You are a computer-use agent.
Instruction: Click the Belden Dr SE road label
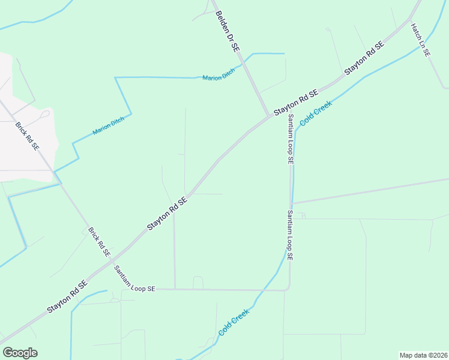coord(228,29)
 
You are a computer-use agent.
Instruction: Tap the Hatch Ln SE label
coord(420,40)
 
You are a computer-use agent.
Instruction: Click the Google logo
coord(20,353)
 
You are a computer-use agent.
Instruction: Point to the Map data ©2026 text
coord(423,355)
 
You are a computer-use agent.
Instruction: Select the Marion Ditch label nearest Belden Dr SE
coord(218,77)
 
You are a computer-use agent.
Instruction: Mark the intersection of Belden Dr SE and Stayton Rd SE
coord(268,116)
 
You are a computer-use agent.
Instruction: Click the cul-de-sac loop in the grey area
coord(46,113)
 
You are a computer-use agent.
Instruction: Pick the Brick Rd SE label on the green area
coord(99,242)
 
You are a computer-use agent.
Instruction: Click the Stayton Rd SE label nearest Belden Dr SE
coord(295,103)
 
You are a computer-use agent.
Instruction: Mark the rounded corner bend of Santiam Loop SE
coord(288,287)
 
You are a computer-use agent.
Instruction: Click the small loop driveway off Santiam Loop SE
coord(197,282)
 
